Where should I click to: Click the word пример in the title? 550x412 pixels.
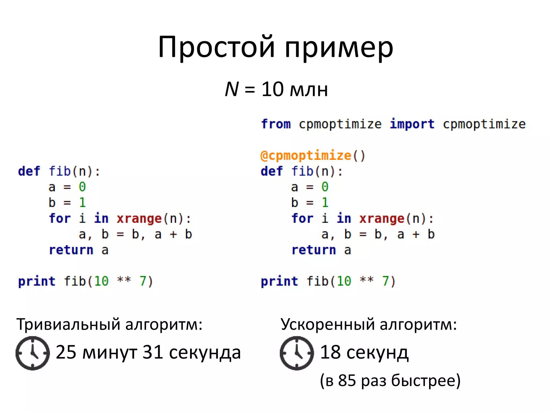(339, 48)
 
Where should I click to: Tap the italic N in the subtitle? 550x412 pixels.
(231, 89)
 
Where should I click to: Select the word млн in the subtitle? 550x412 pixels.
(309, 90)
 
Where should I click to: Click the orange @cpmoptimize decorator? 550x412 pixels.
(306, 156)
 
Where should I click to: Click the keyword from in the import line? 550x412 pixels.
(276, 124)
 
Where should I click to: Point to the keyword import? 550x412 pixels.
(412, 124)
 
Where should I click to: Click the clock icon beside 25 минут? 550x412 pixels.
(32, 353)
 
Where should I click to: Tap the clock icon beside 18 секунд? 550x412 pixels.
(297, 353)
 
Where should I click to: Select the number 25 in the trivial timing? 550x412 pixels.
(66, 352)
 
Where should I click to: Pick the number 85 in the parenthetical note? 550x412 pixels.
(347, 380)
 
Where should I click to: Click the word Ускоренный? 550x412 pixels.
(327, 324)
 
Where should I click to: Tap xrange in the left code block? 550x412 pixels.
(139, 219)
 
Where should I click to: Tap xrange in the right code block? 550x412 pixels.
(382, 219)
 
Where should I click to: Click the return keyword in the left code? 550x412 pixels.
(71, 250)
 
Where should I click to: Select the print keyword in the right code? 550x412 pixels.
(279, 281)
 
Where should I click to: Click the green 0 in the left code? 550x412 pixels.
(82, 187)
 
